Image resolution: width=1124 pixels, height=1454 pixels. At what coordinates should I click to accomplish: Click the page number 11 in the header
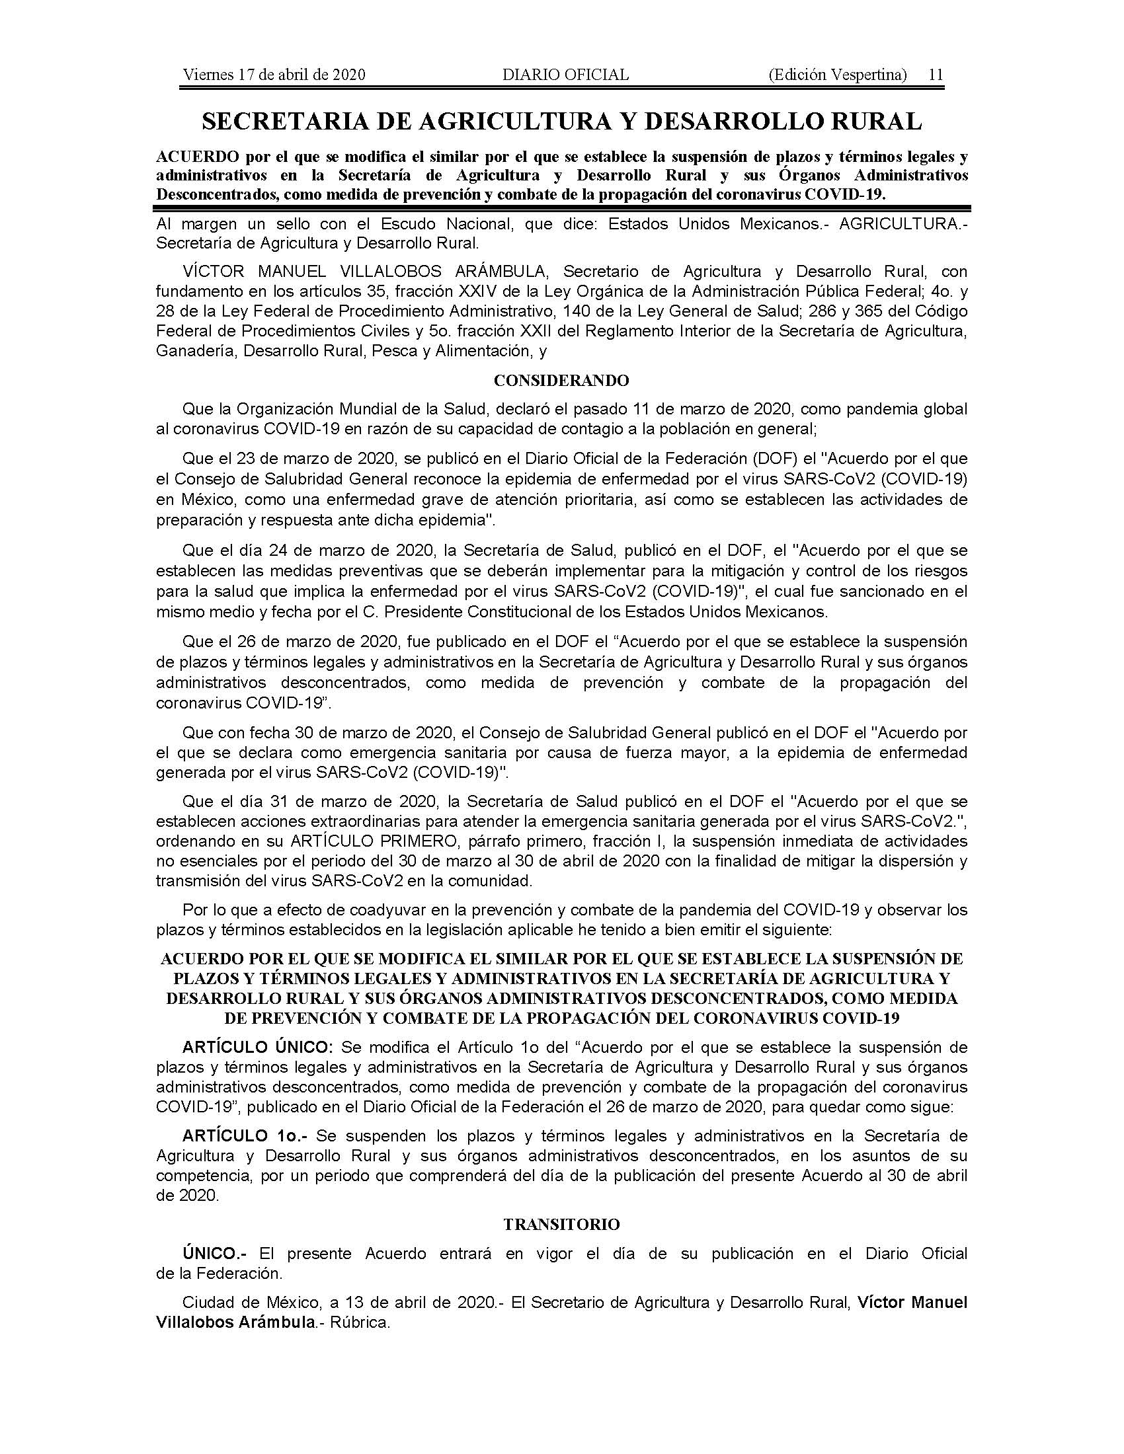tap(936, 75)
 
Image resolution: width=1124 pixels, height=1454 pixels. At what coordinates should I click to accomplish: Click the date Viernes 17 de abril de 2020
tap(274, 75)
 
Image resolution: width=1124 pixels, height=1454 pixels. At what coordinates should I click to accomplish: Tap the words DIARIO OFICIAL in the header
tap(565, 75)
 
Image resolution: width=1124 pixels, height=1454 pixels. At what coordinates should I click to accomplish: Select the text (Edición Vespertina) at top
tap(837, 75)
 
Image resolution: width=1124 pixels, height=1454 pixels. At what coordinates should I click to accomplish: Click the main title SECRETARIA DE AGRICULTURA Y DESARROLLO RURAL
tap(562, 121)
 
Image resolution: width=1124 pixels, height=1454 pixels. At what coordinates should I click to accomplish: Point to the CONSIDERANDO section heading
tap(561, 381)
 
